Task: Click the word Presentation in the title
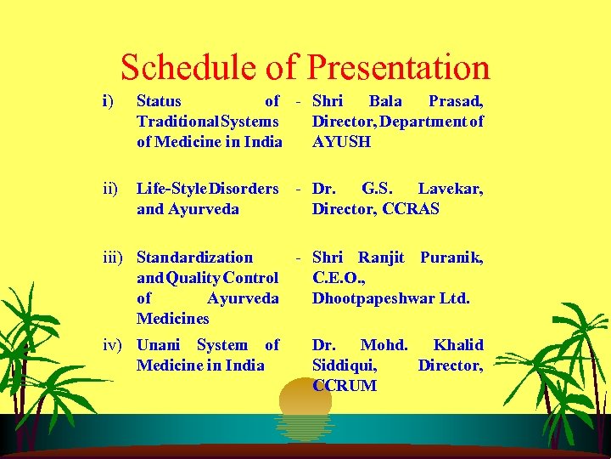[398, 67]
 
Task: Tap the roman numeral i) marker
[107, 101]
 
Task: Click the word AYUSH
[341, 142]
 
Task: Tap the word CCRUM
[345, 386]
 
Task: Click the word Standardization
[194, 258]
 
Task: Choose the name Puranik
[451, 258]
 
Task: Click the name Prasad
[456, 101]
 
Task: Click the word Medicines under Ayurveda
[172, 319]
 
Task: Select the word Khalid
[458, 345]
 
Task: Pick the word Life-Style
[171, 188]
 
